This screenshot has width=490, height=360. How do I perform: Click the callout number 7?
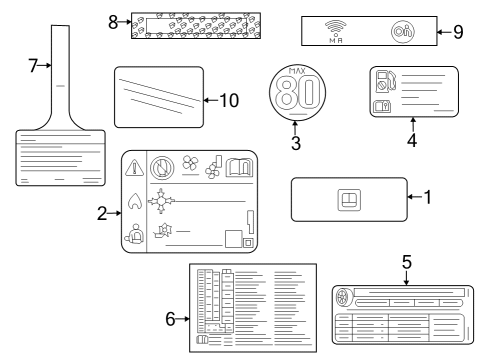coord(32,66)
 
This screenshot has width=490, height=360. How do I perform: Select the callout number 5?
coord(407,262)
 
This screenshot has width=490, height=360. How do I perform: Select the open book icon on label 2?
coord(240,168)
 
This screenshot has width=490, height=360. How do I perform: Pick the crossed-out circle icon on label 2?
coord(162,169)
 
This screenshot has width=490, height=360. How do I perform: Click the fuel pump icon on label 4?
coord(386,80)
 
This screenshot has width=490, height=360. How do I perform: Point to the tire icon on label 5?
coord(342,297)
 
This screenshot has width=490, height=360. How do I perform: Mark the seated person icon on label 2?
coord(134,236)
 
